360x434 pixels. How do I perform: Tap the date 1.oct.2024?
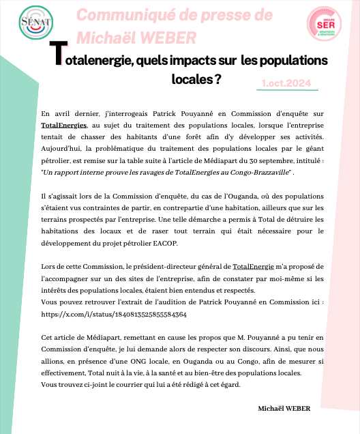pyautogui.click(x=286, y=83)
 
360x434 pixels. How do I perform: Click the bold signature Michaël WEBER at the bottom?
pyautogui.click(x=284, y=408)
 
